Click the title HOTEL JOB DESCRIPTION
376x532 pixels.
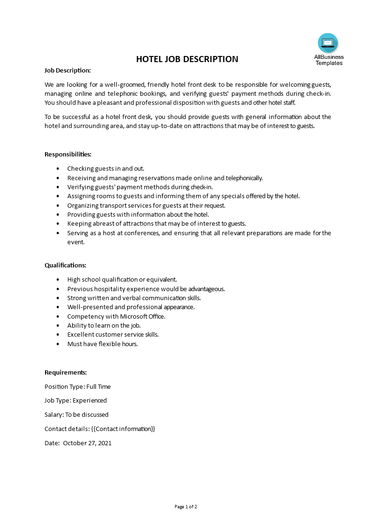pyautogui.click(x=187, y=59)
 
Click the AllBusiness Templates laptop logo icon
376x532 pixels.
pyautogui.click(x=328, y=43)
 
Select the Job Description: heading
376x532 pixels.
pyautogui.click(x=67, y=70)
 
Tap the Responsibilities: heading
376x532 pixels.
pyautogui.click(x=68, y=154)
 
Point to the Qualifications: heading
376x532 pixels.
pyautogui.click(x=65, y=265)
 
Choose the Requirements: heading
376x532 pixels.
pyautogui.click(x=65, y=372)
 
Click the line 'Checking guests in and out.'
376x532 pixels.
pyautogui.click(x=106, y=168)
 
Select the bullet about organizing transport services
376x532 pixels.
pyautogui.click(x=146, y=205)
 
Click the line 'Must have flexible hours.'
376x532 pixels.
pyautogui.click(x=102, y=344)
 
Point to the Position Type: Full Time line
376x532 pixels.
pyautogui.click(x=77, y=386)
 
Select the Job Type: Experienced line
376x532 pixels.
pyautogui.click(x=75, y=400)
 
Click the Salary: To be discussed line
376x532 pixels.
pyautogui.click(x=76, y=414)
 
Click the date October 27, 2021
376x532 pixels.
pyautogui.click(x=87, y=443)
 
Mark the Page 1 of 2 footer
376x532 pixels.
pyautogui.click(x=186, y=506)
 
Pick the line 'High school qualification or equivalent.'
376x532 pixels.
pyautogui.click(x=122, y=279)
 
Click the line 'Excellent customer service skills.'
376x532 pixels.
pyautogui.click(x=113, y=334)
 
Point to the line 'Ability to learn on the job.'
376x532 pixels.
pyautogui.click(x=104, y=325)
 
